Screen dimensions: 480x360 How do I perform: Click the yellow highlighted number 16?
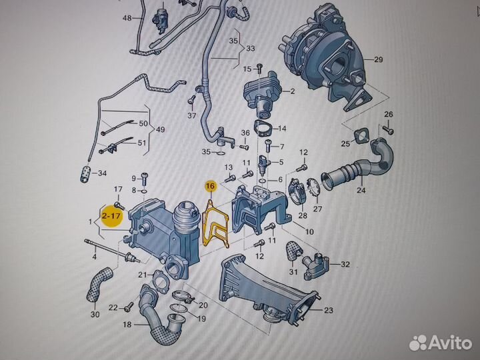(211, 185)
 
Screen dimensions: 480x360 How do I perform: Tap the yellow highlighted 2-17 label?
(111, 216)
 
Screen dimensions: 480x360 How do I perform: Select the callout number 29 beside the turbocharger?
(379, 59)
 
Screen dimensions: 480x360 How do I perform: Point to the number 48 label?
(127, 18)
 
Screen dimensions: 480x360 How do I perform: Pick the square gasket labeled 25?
(361, 136)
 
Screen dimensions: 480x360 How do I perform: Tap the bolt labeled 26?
(389, 130)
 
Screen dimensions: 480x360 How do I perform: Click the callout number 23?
(328, 311)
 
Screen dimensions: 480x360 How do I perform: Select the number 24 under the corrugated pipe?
(361, 191)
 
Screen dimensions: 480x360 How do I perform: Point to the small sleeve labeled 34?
(85, 175)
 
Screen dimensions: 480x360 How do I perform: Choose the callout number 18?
(127, 325)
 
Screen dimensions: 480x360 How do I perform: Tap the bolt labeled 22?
(129, 307)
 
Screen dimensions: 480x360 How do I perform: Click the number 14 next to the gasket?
(281, 129)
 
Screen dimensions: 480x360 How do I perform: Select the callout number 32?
(345, 264)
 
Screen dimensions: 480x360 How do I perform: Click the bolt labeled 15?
(259, 69)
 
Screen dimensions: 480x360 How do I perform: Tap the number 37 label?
(191, 116)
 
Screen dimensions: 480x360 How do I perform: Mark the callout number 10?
(309, 232)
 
